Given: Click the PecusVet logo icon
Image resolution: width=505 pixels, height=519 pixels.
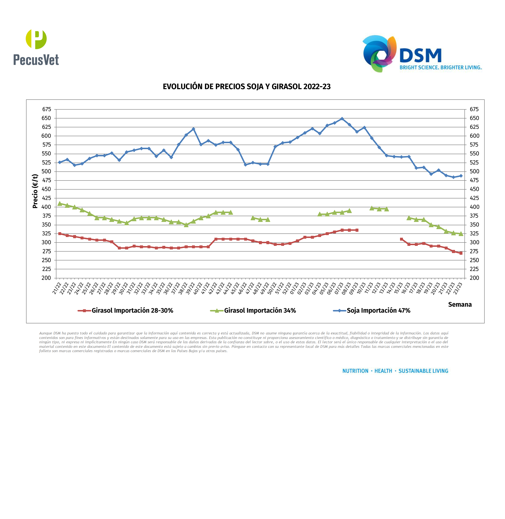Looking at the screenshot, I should click(36, 39).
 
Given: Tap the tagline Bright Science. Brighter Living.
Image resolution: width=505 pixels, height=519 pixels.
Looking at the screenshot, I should click(440, 68).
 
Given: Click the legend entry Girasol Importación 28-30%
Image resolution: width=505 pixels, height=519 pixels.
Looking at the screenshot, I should click(132, 310).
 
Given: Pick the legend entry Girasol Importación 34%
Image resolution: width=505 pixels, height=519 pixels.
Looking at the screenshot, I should click(260, 310).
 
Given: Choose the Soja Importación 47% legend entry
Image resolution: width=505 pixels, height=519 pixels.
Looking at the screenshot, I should click(378, 310).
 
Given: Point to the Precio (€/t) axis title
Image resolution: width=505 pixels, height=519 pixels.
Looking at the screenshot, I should click(35, 191).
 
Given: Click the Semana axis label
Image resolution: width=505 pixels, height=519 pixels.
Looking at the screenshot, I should click(460, 305).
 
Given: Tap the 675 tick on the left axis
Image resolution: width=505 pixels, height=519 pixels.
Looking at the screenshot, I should click(46, 109).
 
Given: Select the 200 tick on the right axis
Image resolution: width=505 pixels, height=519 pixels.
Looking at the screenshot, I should click(474, 278).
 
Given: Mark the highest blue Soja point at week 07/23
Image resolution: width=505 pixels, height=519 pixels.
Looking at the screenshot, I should click(342, 119).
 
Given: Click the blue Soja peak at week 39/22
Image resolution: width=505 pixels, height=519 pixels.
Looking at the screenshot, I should click(193, 129).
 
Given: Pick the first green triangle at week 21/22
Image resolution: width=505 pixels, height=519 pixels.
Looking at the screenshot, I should click(60, 204).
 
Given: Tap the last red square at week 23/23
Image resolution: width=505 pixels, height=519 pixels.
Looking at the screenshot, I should click(461, 253).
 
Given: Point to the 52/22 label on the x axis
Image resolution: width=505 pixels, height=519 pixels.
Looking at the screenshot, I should click(286, 289).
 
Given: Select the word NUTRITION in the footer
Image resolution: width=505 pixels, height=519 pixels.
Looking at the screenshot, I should click(355, 371).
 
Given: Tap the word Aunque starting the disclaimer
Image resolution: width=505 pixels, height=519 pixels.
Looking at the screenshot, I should click(46, 333).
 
